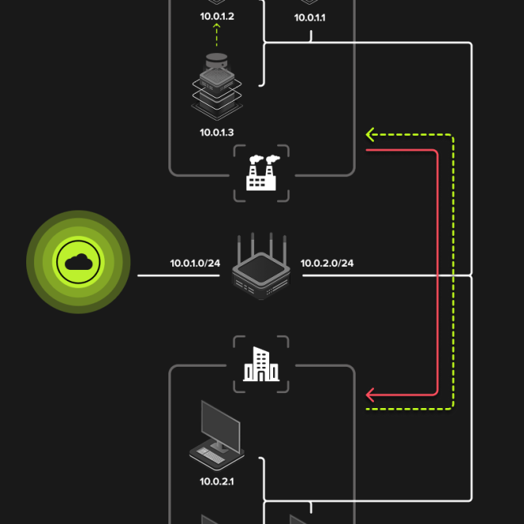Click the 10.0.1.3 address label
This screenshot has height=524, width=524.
[x=216, y=133]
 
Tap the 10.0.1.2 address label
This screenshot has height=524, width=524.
[x=216, y=15]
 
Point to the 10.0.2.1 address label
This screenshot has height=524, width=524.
[x=216, y=481]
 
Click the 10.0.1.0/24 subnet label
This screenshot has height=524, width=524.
[x=195, y=263]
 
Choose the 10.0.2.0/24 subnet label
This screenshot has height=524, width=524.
[x=327, y=263]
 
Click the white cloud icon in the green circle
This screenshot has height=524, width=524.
[x=78, y=262]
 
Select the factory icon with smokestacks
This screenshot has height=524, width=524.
[x=261, y=173]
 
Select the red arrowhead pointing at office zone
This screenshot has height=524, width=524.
[x=371, y=394]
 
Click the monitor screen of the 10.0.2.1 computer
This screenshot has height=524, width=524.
[x=220, y=424]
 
